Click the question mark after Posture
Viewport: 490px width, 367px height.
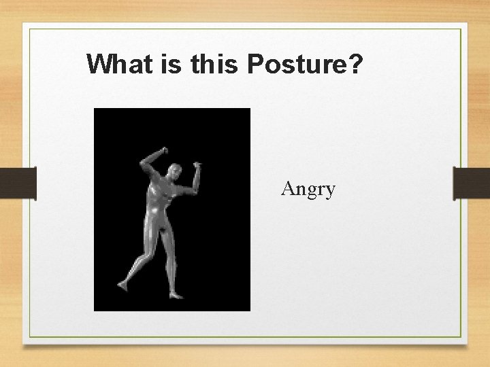[x=357, y=65]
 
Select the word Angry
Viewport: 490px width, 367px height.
[x=308, y=188]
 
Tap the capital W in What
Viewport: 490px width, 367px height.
[x=99, y=65]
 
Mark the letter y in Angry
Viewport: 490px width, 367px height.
[x=330, y=190]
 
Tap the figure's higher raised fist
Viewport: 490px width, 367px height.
[x=163, y=149]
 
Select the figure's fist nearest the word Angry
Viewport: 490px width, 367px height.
[x=197, y=164]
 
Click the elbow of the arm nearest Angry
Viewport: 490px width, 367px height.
[x=193, y=187]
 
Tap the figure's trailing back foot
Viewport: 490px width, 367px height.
[x=123, y=284]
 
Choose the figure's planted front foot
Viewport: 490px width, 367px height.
[x=176, y=295]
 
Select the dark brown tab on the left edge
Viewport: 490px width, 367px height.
[x=18, y=183]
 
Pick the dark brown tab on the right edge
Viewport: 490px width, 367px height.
[x=472, y=183]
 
